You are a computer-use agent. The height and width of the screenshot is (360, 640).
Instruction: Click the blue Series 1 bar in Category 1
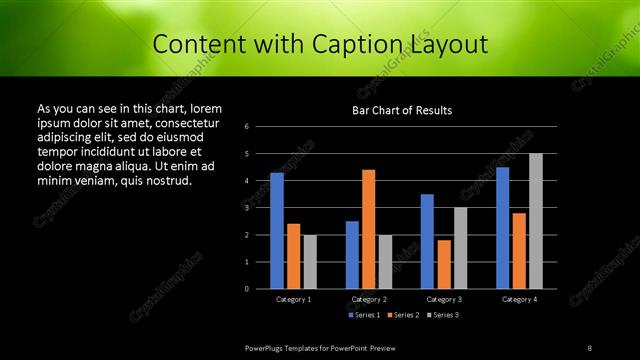pyautogui.click(x=277, y=230)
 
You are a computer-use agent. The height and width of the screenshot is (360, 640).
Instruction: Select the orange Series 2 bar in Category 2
pyautogui.click(x=369, y=228)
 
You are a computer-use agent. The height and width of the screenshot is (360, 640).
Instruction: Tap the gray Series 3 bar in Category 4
pyautogui.click(x=536, y=220)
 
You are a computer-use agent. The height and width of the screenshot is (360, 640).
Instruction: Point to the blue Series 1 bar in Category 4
pyautogui.click(x=502, y=227)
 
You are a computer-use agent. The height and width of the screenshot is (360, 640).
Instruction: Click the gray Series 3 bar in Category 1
pyautogui.click(x=310, y=261)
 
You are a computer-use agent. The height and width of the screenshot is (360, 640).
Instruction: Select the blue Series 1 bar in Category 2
pyautogui.click(x=352, y=254)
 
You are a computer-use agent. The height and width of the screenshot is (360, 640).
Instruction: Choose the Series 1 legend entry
pyautogui.click(x=362, y=315)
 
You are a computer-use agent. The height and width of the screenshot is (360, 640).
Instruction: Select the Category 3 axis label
pyautogui.click(x=444, y=299)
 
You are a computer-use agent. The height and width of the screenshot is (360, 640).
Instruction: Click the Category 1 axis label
pyautogui.click(x=294, y=299)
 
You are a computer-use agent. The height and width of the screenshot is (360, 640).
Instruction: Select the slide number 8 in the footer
pyautogui.click(x=590, y=347)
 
